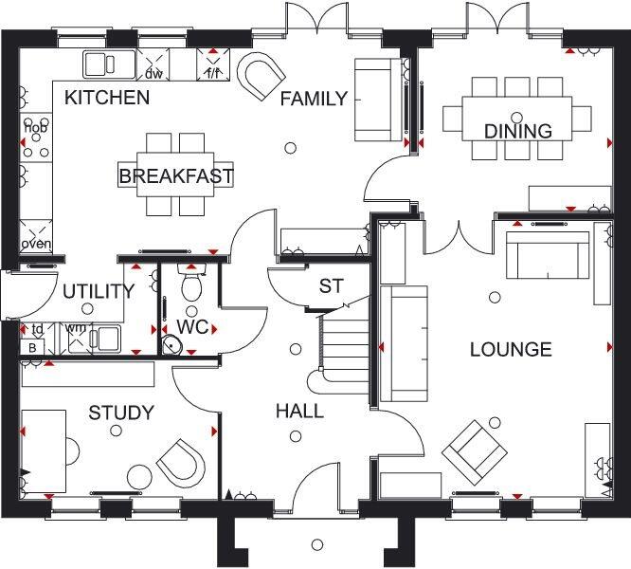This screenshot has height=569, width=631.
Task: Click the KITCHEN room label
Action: (x=107, y=97)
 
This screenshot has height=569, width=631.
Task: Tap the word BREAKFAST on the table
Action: (x=176, y=176)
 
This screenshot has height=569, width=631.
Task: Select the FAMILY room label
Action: (x=313, y=99)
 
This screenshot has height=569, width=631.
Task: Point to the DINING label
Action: (x=518, y=131)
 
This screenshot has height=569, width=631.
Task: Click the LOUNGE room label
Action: (x=511, y=350)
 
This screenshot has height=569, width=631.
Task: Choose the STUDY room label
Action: (x=121, y=413)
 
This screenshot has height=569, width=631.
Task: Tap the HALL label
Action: (x=299, y=412)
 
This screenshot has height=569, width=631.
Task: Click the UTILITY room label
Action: (x=99, y=292)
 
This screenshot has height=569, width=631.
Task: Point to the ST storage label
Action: (x=331, y=285)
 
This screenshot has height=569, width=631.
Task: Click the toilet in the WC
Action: (x=193, y=286)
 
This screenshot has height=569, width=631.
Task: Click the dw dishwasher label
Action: (x=154, y=73)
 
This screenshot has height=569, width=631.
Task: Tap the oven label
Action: (x=36, y=244)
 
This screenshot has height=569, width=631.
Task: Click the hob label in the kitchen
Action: (x=35, y=128)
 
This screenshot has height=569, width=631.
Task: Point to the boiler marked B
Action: (x=31, y=347)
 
